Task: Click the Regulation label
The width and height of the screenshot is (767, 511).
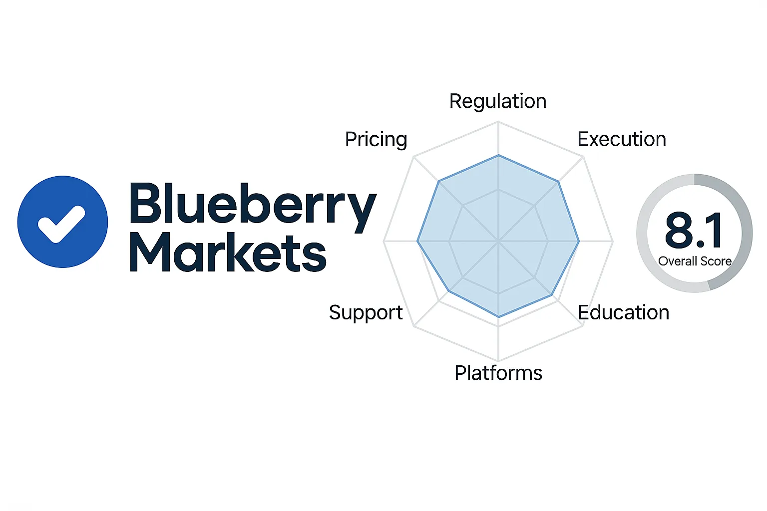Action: click(x=498, y=101)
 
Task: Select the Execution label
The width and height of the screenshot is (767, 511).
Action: click(x=622, y=139)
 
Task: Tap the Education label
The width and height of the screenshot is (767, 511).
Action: click(x=623, y=312)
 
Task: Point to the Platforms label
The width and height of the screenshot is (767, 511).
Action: click(x=498, y=373)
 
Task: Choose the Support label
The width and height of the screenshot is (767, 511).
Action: click(x=366, y=313)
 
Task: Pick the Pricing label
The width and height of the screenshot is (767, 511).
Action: click(x=376, y=139)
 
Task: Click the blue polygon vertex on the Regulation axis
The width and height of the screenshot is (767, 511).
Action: click(x=498, y=156)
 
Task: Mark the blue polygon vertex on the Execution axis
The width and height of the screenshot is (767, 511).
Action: click(x=558, y=182)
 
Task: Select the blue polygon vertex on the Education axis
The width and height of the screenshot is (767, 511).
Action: click(x=552, y=296)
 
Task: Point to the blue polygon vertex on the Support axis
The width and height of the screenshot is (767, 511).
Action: click(x=449, y=290)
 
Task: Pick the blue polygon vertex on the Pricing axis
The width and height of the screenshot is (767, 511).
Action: click(x=438, y=182)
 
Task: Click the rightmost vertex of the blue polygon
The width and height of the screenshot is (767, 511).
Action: click(x=579, y=242)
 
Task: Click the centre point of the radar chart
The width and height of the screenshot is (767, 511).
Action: click(x=498, y=242)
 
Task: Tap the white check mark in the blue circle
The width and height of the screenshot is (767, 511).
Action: click(x=62, y=223)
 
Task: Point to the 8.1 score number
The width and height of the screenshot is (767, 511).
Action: click(x=694, y=231)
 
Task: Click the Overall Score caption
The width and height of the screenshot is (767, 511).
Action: click(x=695, y=261)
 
